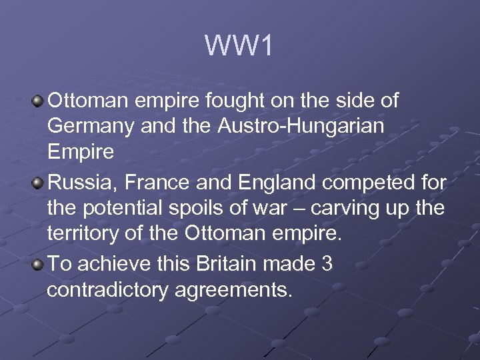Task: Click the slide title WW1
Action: coord(239,46)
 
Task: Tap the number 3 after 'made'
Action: coord(326,264)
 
